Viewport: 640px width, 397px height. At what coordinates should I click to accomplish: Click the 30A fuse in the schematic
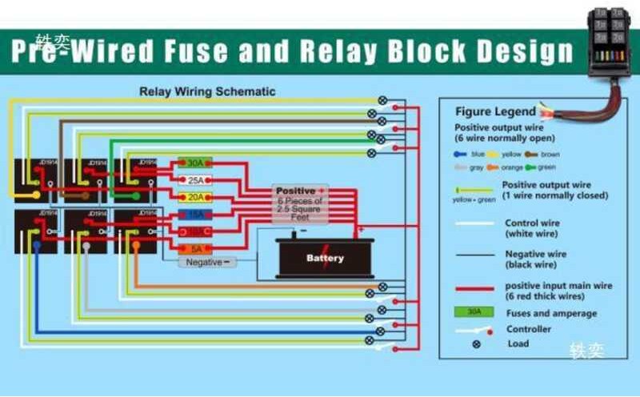coord(194,162)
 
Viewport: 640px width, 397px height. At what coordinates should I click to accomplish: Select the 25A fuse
coord(194,180)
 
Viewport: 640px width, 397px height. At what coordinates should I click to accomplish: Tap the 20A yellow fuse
coord(194,197)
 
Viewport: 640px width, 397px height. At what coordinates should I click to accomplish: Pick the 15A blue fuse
coord(194,215)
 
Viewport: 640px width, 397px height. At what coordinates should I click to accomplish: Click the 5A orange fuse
coord(194,249)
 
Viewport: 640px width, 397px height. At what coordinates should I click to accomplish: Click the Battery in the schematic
coord(325,258)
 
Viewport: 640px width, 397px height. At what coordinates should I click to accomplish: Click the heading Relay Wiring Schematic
coord(207,91)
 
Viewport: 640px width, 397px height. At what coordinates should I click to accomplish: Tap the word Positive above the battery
coord(295,191)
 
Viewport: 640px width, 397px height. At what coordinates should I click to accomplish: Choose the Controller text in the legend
coord(529,329)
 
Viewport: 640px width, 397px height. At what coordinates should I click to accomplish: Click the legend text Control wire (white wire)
coord(533,228)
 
